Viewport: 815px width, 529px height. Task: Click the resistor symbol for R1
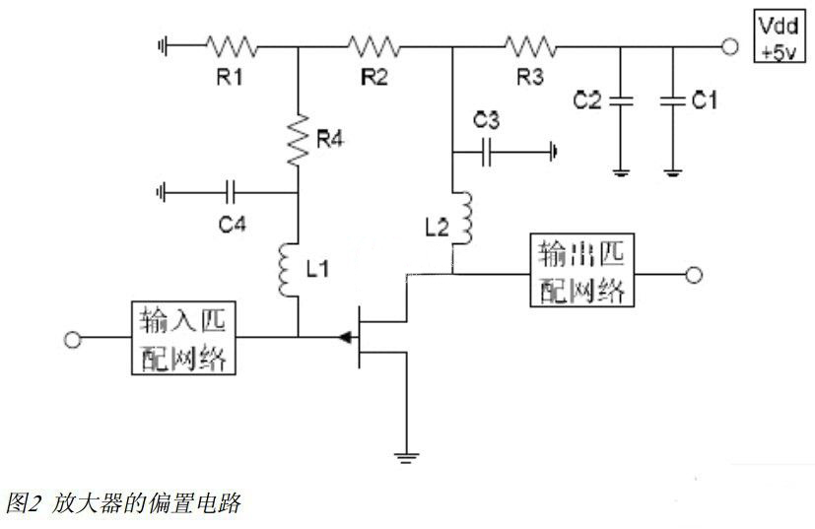pyautogui.click(x=231, y=45)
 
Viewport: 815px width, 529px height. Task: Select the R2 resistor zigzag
pyautogui.click(x=373, y=45)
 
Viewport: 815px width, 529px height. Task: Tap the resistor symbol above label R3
pyautogui.click(x=530, y=45)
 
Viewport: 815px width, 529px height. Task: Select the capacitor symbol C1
pyautogui.click(x=673, y=99)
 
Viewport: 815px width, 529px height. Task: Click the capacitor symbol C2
pyautogui.click(x=620, y=99)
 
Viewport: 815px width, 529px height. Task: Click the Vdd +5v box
pyautogui.click(x=778, y=39)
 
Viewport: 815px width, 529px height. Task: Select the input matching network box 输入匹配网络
pyautogui.click(x=183, y=339)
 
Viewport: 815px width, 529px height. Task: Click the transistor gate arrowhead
pyautogui.click(x=344, y=339)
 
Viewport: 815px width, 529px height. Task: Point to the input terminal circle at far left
pyautogui.click(x=72, y=340)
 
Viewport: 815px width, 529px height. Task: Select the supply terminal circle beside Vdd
pyautogui.click(x=729, y=45)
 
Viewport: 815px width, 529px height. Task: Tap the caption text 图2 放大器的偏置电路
pyautogui.click(x=123, y=503)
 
